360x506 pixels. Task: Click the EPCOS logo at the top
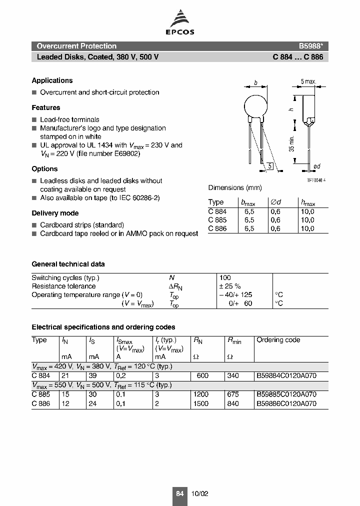[x=180, y=24]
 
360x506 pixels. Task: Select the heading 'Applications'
[x=52, y=80]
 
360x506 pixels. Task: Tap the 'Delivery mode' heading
[x=55, y=213]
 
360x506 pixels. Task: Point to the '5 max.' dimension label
[x=308, y=81]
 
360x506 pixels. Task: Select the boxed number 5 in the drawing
[x=270, y=166]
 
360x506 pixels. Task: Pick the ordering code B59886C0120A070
[x=286, y=403]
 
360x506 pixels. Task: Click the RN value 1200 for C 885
[x=200, y=394]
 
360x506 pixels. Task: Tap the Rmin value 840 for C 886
[x=233, y=403]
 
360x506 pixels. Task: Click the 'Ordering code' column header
[x=278, y=340]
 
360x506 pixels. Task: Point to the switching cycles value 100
[x=225, y=277]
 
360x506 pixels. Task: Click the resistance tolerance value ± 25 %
[x=230, y=286]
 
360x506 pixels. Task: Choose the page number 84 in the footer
[x=179, y=493]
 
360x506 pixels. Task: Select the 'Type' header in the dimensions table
[x=216, y=202]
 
